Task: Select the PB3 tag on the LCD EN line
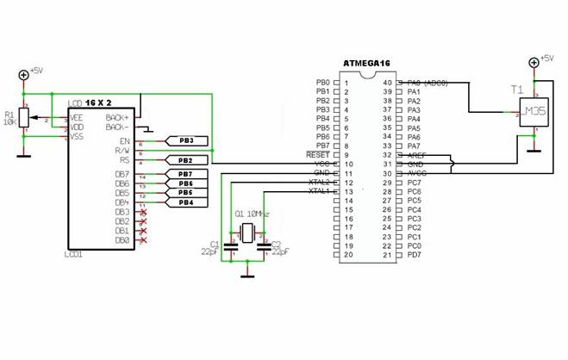click(186, 140)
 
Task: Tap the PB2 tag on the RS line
click(186, 160)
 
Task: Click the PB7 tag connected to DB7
click(185, 175)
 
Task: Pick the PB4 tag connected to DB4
click(185, 202)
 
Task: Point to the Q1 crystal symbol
click(247, 232)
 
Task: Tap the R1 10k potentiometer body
click(24, 118)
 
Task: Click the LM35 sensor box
click(534, 114)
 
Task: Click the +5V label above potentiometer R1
click(38, 71)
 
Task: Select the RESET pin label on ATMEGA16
click(318, 155)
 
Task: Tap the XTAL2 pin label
click(319, 182)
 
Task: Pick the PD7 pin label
click(414, 255)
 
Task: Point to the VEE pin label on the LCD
click(77, 118)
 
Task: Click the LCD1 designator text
click(74, 256)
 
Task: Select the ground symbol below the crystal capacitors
click(247, 275)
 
